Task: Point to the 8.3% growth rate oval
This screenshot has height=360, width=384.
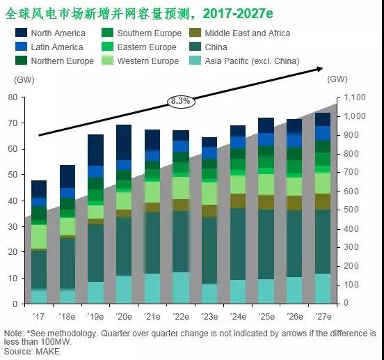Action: [179, 101]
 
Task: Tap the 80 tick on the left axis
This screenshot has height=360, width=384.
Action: [12, 97]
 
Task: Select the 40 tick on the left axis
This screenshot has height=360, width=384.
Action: [12, 201]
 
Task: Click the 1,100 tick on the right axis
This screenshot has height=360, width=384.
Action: [355, 97]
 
